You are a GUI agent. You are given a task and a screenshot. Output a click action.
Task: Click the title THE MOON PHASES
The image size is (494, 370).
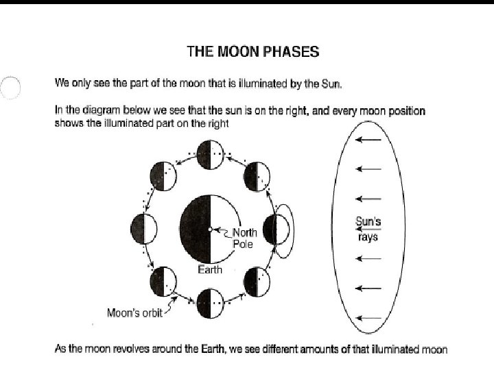click(253, 51)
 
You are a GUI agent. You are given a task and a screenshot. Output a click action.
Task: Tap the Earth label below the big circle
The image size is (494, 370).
click(210, 269)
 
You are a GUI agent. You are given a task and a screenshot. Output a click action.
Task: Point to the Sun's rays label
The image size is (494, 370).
click(370, 228)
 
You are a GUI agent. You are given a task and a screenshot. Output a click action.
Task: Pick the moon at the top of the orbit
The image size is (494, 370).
click(209, 153)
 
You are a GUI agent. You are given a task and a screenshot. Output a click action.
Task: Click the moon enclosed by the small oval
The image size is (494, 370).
click(279, 229)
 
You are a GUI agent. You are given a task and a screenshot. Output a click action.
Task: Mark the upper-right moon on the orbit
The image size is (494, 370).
click(258, 176)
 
